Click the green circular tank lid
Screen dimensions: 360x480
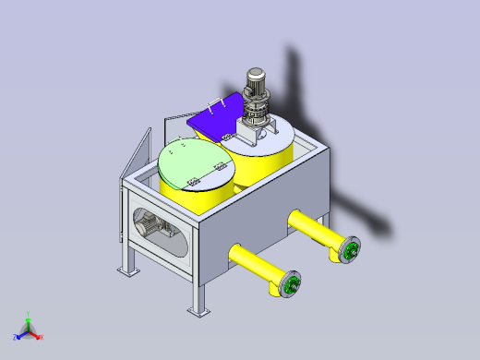[194, 161]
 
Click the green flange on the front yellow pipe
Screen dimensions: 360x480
[292, 286]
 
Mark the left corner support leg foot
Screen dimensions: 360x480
[125, 271]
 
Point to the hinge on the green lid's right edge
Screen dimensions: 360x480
[221, 165]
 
